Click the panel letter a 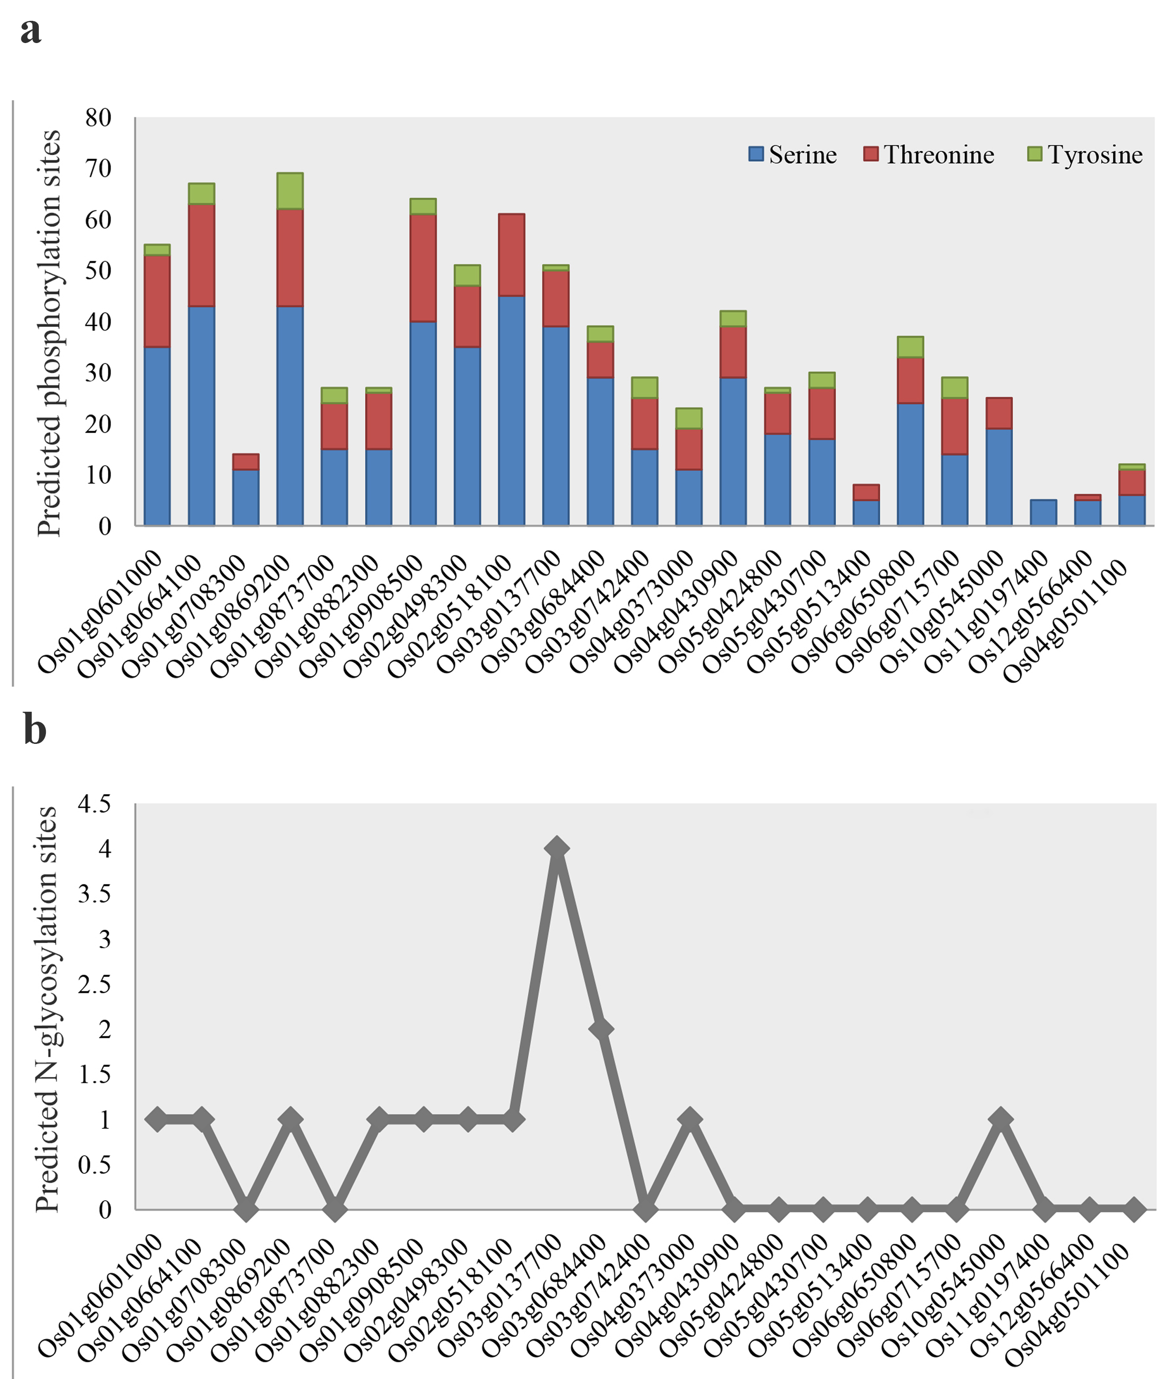pos(31,31)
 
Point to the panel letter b pos(35,729)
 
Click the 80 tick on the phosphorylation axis pos(98,118)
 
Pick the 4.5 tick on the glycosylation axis pos(95,804)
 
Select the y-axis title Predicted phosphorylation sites pos(49,332)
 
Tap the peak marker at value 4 pos(557,848)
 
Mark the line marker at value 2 pos(601,1029)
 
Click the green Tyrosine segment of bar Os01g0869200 pos(290,191)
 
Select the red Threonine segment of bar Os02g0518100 pos(511,254)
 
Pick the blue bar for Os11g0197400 pos(1043,513)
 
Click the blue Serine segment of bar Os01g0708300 pos(245,497)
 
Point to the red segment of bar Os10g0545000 pos(999,413)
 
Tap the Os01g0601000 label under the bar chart pos(100,612)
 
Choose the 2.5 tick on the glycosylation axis pos(95,984)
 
